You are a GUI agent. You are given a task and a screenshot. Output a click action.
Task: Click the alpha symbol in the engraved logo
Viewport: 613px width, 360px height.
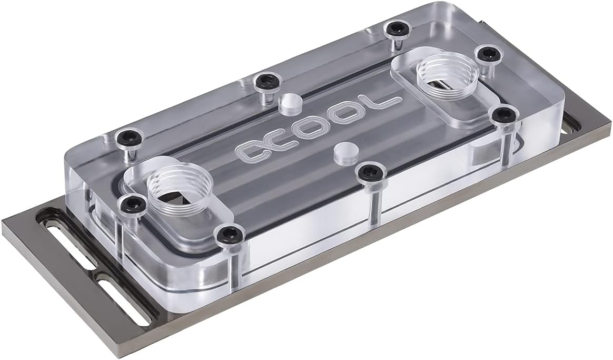click(252, 151)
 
